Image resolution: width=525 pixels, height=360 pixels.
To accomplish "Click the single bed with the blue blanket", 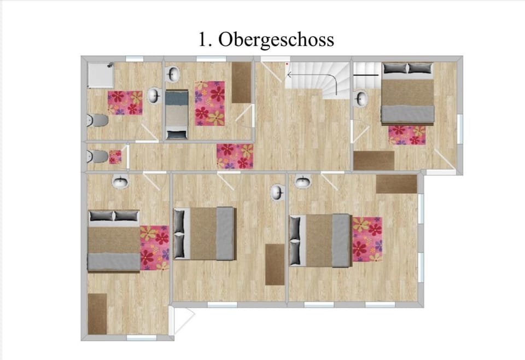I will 177,115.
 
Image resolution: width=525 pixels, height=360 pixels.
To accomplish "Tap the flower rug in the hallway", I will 235,156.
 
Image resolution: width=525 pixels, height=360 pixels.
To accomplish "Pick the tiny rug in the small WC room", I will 115,157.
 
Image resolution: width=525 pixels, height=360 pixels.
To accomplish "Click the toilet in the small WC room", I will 98,157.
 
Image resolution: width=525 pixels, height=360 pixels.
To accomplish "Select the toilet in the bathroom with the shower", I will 98,120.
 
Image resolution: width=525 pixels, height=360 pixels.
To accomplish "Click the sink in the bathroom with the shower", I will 154,96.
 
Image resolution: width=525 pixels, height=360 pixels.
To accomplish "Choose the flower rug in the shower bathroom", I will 125,103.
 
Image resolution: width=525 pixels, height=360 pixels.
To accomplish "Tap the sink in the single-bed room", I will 173,74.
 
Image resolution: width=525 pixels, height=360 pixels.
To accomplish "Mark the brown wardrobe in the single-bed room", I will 241,83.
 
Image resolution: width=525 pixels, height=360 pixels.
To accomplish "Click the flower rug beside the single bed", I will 210,103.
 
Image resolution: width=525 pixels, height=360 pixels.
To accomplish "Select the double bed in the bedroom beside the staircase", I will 407,94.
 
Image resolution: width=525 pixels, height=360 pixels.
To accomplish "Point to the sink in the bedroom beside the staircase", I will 361,99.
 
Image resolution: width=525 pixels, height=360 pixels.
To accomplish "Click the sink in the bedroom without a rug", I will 278,192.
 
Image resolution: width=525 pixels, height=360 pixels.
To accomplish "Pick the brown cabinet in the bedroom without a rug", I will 275,264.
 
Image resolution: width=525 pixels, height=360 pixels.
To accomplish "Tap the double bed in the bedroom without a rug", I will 205,234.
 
